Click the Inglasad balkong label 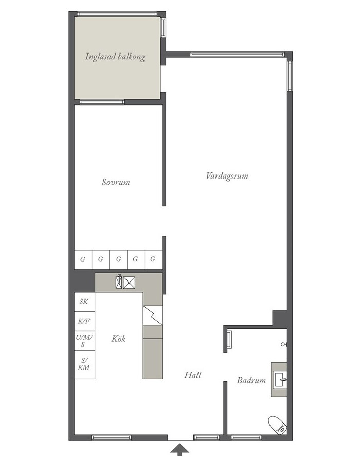point(115,57)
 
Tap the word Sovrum point(116,182)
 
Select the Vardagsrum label point(227,175)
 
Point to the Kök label point(118,339)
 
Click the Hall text point(192,375)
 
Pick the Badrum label point(251,380)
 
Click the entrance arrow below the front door point(179,449)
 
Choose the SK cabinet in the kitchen point(84,302)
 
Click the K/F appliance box point(84,322)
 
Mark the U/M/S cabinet point(84,341)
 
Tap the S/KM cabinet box point(84,364)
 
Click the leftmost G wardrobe point(83,259)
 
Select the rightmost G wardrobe point(153,259)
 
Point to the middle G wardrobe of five point(118,259)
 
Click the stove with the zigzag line point(152,315)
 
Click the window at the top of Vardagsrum point(237,54)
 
